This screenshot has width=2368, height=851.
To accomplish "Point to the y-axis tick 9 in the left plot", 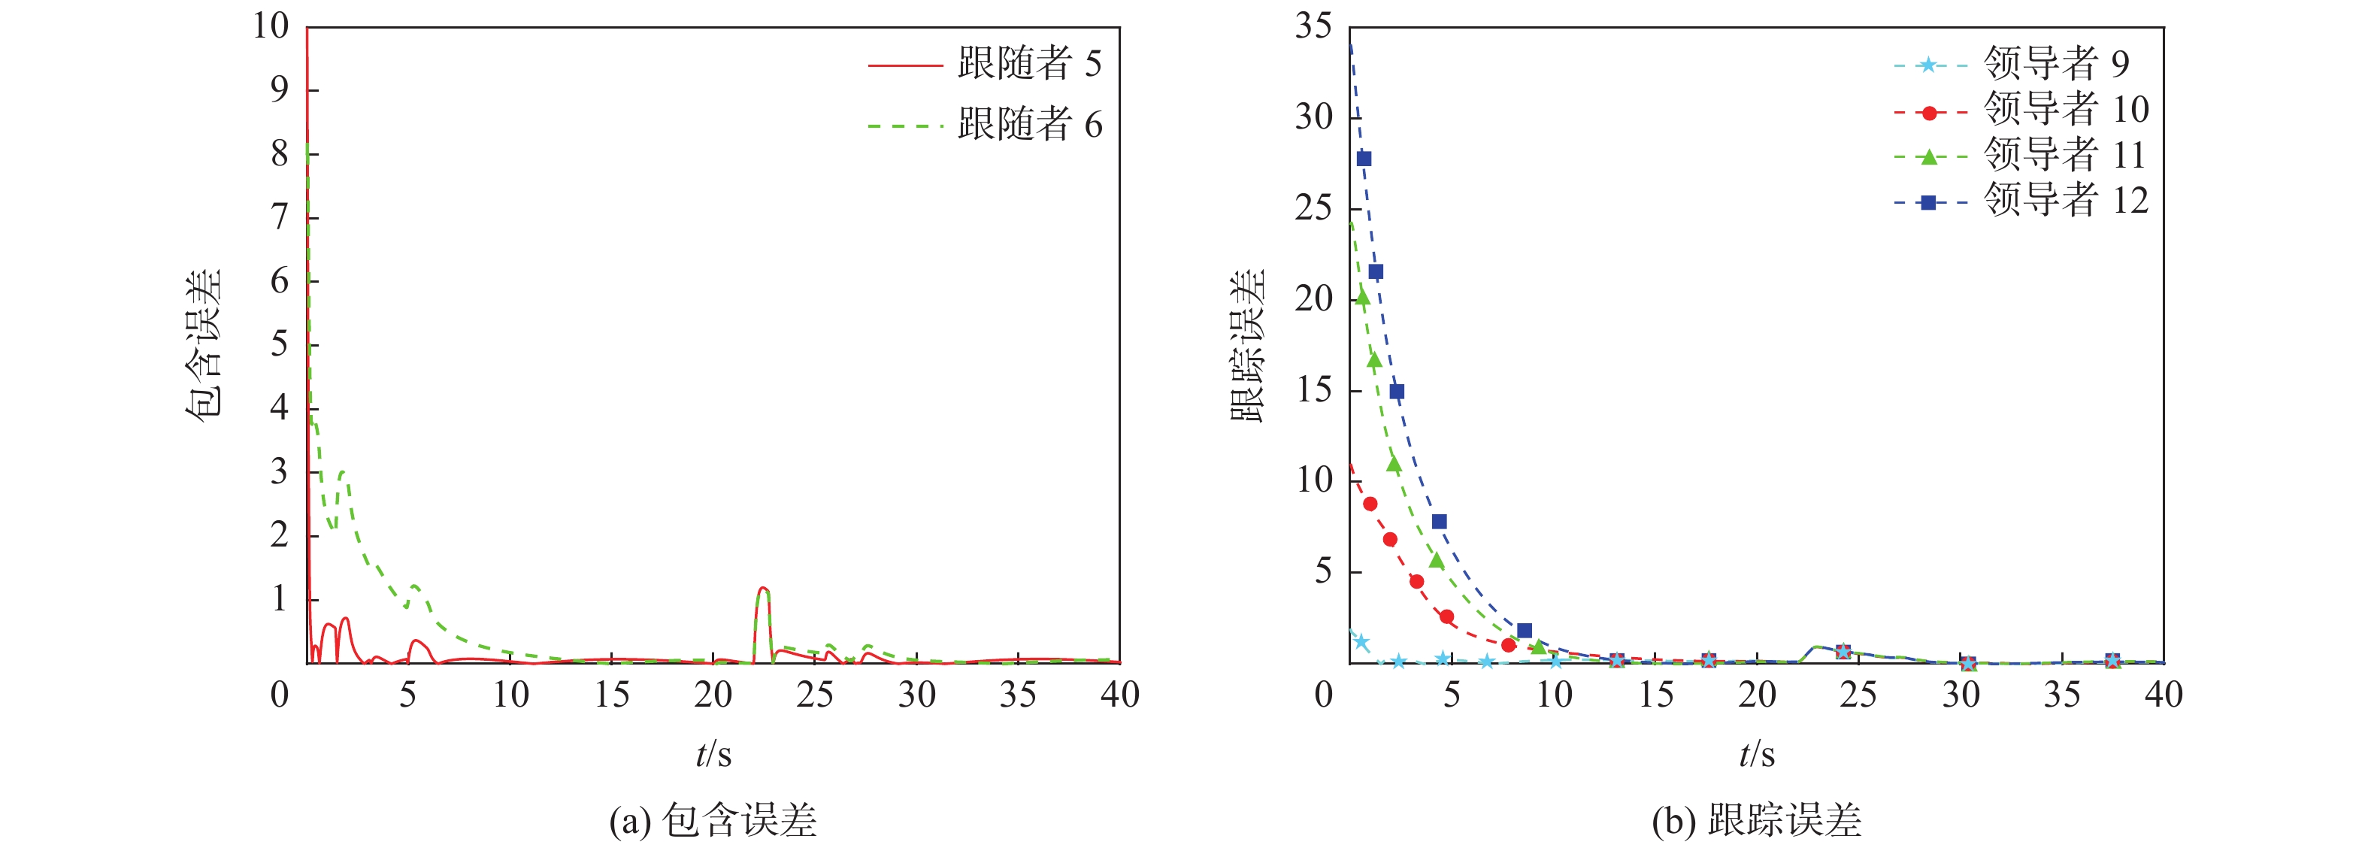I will (280, 90).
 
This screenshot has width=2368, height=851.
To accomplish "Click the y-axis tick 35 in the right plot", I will (1313, 26).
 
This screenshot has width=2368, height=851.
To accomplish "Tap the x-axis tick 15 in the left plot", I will (611, 695).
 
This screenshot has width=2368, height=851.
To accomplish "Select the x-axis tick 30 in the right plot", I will (1960, 695).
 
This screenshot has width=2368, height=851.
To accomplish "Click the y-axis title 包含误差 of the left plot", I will (204, 344).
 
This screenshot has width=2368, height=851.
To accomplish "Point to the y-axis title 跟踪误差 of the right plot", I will (1247, 344).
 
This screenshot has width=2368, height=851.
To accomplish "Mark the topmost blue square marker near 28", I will (1364, 159).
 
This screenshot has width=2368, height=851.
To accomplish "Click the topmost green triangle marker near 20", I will (1362, 298).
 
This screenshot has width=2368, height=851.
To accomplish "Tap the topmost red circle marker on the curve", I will (1370, 504).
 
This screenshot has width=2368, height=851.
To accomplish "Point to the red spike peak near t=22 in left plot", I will (763, 588).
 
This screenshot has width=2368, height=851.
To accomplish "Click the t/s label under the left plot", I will (713, 755).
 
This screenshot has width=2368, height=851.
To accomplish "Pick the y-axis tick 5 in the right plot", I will (1323, 571).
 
